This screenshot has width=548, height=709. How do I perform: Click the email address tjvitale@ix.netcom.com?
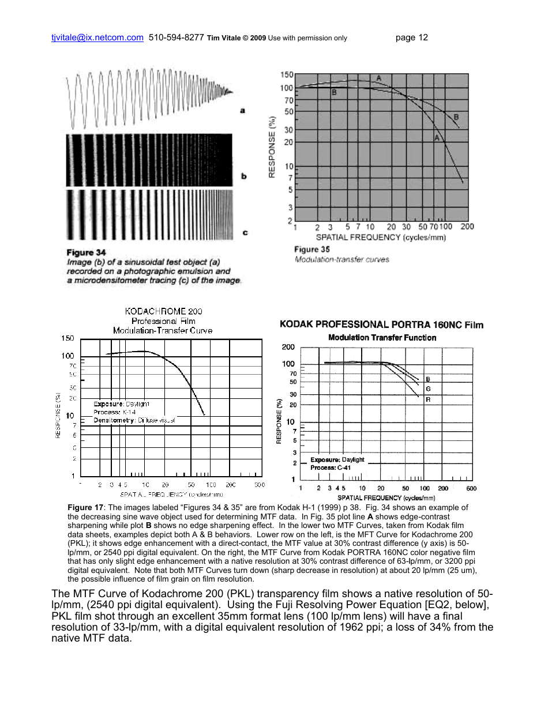pos(97,38)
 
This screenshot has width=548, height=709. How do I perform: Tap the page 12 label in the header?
pos(412,38)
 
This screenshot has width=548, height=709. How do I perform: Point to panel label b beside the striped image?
pos(244,176)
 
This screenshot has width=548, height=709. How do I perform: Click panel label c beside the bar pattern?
pos(245,233)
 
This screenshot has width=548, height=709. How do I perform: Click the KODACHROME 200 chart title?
pos(163,311)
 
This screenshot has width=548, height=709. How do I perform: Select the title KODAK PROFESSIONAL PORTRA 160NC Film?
pos(381,325)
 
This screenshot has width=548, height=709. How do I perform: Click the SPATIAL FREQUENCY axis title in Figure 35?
pos(381,237)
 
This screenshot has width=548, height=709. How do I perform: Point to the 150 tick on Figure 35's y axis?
pos(286,75)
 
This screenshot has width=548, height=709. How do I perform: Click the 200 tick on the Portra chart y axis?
pos(288,347)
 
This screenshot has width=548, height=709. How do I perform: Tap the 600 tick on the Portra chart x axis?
pos(471,488)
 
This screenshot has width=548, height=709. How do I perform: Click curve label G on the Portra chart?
pos(428,389)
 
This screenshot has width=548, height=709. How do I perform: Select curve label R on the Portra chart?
pos(428,399)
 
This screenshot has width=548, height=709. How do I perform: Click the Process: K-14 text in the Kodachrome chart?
pos(115,412)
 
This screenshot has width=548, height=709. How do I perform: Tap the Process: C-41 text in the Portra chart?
pos(331,467)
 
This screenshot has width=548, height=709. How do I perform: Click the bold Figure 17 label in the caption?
pos(85,507)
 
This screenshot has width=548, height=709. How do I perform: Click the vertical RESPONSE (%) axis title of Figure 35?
pos(272,146)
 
